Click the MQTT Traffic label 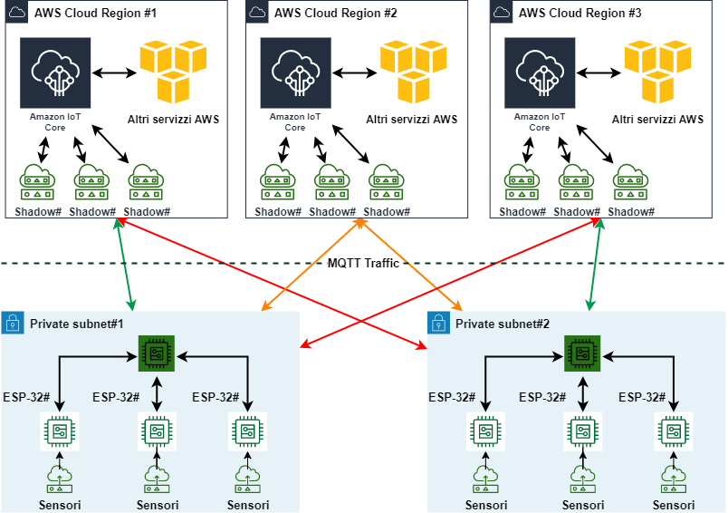pyautogui.click(x=363, y=263)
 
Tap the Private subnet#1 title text pyautogui.click(x=76, y=324)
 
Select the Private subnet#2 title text pyautogui.click(x=502, y=324)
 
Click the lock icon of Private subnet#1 pyautogui.click(x=13, y=323)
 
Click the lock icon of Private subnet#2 pyautogui.click(x=438, y=323)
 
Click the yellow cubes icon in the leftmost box pyautogui.click(x=174, y=69)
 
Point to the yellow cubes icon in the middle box pyautogui.click(x=414, y=69)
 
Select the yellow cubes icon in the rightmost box pyautogui.click(x=658, y=69)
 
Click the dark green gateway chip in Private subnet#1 pyautogui.click(x=157, y=353)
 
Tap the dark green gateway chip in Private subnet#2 pyautogui.click(x=582, y=353)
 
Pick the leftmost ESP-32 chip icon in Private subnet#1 pyautogui.click(x=60, y=431)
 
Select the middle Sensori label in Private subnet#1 pyautogui.click(x=158, y=505)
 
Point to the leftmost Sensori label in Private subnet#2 pyautogui.click(x=486, y=505)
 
